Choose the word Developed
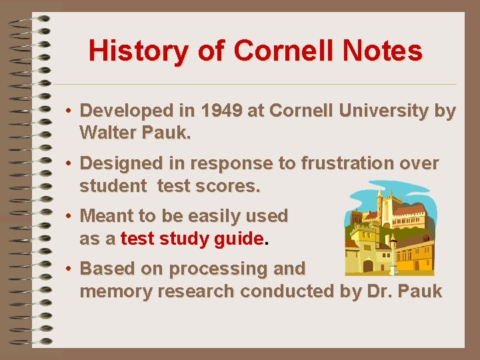pos(125,111)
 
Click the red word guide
pos(239,239)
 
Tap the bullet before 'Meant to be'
pos(69,216)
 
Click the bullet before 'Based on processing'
pos(69,269)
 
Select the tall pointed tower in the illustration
pos(379,203)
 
